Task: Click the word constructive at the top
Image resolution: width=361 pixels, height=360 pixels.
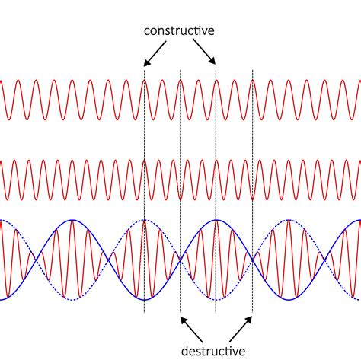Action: pos(180,30)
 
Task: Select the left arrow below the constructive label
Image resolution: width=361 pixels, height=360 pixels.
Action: pos(152,55)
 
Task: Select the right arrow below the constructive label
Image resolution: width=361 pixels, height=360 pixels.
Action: pos(206,55)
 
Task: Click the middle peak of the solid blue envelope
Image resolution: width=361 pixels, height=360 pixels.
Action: pos(216,220)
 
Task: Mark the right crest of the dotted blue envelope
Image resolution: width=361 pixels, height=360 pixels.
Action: pos(289,220)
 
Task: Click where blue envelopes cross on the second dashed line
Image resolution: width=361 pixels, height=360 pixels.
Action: pos(180,260)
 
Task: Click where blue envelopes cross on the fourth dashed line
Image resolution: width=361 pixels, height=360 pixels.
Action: pos(252,260)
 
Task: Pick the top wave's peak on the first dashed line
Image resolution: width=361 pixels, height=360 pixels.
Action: pos(144,81)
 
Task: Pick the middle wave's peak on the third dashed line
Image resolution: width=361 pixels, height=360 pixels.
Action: pos(216,161)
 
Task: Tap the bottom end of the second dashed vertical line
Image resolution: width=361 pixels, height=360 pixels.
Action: pos(180,312)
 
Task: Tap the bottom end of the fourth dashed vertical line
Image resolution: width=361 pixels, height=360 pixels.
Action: pos(252,312)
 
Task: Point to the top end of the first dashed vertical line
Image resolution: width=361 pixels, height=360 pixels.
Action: pos(144,68)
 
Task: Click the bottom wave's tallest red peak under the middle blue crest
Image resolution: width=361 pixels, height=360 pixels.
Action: pos(216,221)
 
